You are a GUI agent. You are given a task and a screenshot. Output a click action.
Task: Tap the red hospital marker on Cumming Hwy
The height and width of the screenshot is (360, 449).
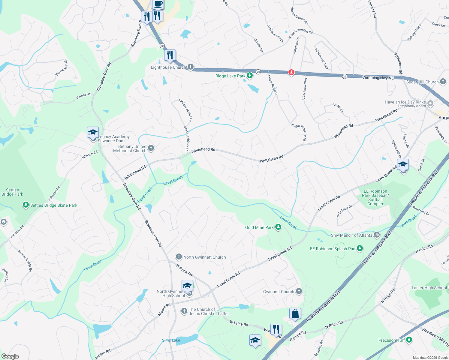pyautogui.click(x=291, y=73)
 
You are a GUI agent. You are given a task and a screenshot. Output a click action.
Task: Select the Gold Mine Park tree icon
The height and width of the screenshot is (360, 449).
pyautogui.click(x=278, y=227)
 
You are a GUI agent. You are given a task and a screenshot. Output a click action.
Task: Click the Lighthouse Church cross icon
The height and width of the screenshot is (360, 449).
pyautogui.click(x=190, y=67)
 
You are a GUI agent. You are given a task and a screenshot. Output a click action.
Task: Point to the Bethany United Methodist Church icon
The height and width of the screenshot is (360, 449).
pyautogui.click(x=151, y=148)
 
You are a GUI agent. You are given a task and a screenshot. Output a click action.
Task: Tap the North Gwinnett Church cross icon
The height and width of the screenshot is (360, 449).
pyautogui.click(x=179, y=256)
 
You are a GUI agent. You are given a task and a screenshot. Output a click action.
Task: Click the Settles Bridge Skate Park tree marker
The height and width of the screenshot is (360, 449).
pyautogui.click(x=26, y=205)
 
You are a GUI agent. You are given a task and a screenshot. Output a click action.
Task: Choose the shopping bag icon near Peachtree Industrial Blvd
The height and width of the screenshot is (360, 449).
pyautogui.click(x=295, y=314)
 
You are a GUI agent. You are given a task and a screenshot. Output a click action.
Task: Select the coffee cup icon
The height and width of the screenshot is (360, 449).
pyautogui.click(x=158, y=4)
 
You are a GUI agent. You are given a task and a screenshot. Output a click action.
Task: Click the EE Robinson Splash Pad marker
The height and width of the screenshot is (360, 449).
pyautogui.click(x=360, y=248)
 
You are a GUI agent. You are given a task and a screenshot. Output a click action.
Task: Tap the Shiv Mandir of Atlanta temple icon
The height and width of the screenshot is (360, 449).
pyautogui.click(x=377, y=235)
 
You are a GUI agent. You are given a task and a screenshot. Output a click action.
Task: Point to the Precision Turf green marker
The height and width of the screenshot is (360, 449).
pyautogui.click(x=409, y=340)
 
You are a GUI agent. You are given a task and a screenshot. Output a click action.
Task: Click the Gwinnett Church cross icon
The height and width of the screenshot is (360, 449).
pyautogui.click(x=299, y=291)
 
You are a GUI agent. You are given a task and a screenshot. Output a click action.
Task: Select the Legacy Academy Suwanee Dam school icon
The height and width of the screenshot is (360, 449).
pyautogui.click(x=93, y=133)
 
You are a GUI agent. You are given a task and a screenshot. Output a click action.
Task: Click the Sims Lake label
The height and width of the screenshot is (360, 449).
pyautogui.click(x=171, y=340)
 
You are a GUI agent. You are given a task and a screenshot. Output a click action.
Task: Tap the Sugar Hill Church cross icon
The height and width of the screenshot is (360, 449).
pyautogui.click(x=443, y=82)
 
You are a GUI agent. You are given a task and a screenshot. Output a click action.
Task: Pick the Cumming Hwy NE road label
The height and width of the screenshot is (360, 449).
pyautogui.click(x=378, y=78)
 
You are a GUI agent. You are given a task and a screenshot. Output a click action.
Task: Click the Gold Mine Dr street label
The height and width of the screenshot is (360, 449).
pyautogui.click(x=344, y=211)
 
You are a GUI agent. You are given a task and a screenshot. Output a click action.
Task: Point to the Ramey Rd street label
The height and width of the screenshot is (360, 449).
pyautogui.click(x=83, y=96)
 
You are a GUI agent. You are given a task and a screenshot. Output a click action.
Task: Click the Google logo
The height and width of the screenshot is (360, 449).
pyautogui.click(x=10, y=356)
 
